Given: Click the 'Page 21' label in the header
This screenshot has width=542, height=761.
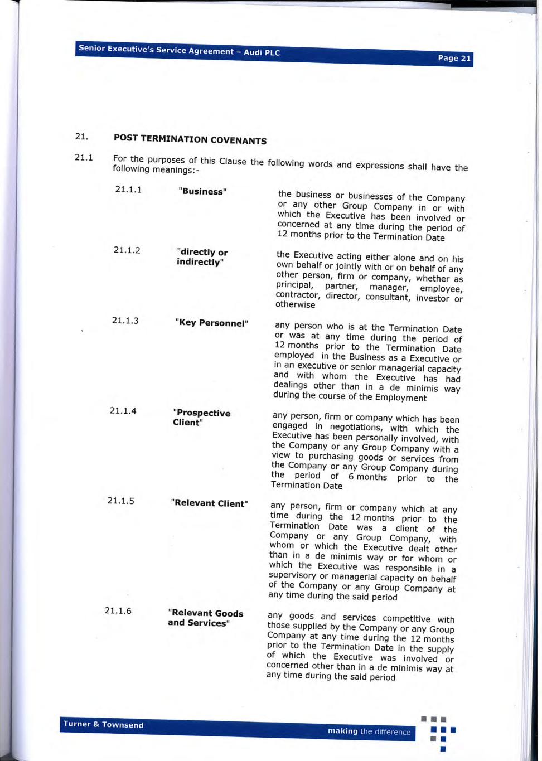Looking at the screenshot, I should [454, 58].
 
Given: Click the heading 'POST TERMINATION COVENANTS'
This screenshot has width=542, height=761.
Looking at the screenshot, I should [190, 139].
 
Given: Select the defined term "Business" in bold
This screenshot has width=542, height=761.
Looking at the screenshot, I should [202, 191].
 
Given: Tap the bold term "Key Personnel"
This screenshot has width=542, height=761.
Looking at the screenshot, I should [211, 323].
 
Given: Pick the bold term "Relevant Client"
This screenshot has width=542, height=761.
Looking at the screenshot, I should [209, 503].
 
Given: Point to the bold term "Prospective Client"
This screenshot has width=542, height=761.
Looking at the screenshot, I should [201, 418].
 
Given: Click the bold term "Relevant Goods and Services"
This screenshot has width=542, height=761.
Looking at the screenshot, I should [205, 618].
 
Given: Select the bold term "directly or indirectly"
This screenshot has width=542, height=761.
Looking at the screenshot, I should [202, 257].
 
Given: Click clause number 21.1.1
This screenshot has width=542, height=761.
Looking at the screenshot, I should [128, 190].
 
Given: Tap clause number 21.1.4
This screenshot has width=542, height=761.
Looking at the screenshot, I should [123, 411].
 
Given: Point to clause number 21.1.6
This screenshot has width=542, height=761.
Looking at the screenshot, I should [118, 610].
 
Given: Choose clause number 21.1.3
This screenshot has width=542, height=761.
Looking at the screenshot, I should [125, 321].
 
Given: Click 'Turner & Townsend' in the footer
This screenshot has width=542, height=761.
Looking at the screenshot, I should [103, 724].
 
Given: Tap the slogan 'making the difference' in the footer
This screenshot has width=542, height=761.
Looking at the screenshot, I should [369, 731].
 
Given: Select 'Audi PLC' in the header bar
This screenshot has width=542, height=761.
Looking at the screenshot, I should [262, 52].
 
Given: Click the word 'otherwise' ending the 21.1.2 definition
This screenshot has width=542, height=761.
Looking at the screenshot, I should [295, 304].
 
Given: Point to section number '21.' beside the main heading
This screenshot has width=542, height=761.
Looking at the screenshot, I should [81, 136].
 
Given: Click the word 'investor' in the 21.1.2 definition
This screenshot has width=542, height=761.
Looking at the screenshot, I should [433, 298].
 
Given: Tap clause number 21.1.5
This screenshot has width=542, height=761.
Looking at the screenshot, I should [120, 501].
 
